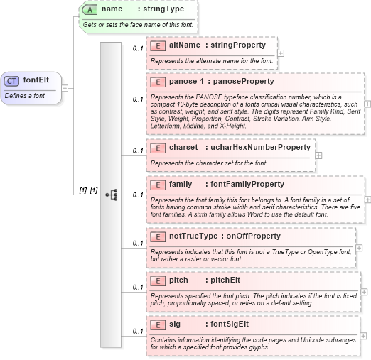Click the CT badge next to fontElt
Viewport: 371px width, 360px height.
[x=12, y=81]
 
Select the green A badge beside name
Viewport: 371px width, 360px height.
[x=90, y=9]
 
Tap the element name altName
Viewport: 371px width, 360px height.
[x=184, y=45]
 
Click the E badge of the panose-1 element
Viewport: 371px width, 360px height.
[x=158, y=82]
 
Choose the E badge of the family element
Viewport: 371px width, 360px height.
[x=158, y=185]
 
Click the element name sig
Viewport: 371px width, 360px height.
[x=175, y=324]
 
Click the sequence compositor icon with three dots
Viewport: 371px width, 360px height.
[x=111, y=194]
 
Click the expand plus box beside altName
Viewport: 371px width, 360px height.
[x=281, y=53]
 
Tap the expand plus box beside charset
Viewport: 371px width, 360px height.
[x=318, y=155]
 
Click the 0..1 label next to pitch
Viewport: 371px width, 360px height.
[x=138, y=288]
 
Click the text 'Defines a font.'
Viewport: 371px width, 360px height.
[x=25, y=95]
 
